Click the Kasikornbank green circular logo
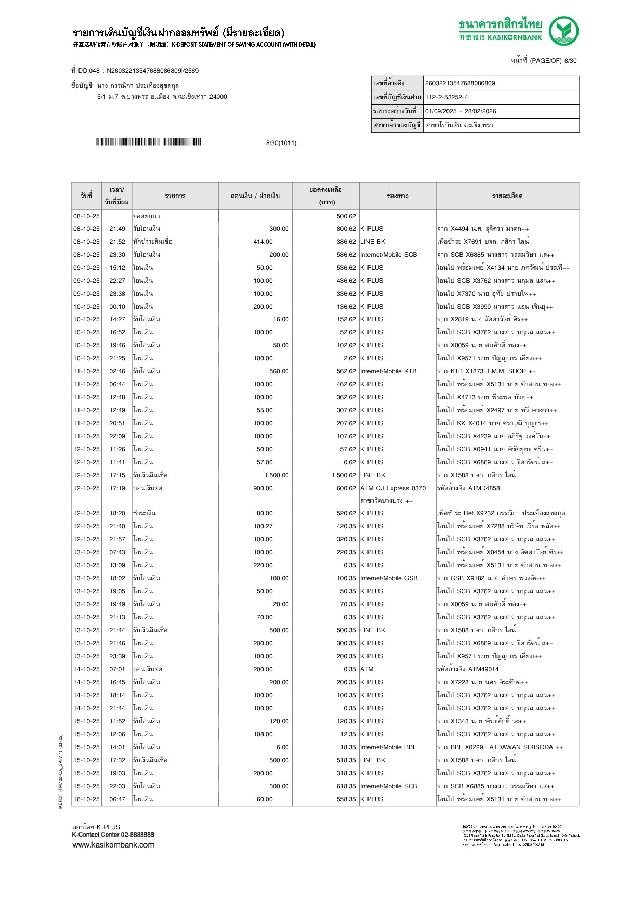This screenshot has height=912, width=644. [563, 31]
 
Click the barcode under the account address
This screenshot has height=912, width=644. [148, 142]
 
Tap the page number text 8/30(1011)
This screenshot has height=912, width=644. [281, 143]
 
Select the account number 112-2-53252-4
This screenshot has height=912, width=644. [446, 97]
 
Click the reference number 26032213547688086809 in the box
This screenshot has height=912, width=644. [460, 83]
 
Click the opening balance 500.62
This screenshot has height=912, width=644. [346, 216]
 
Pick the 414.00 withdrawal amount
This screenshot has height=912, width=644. [263, 242]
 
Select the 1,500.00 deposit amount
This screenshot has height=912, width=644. [276, 475]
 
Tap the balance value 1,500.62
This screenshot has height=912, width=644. [344, 475]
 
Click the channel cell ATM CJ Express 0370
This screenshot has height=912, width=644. [393, 488]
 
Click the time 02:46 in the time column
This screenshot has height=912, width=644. [117, 371]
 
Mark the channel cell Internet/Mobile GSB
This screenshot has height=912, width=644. [389, 578]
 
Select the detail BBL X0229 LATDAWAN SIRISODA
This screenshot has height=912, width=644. [502, 747]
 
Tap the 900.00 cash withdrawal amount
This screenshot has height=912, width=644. [263, 488]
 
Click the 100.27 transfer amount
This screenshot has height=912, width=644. [263, 526]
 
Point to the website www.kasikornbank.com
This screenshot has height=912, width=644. [113, 845]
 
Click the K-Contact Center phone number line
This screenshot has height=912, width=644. [113, 835]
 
